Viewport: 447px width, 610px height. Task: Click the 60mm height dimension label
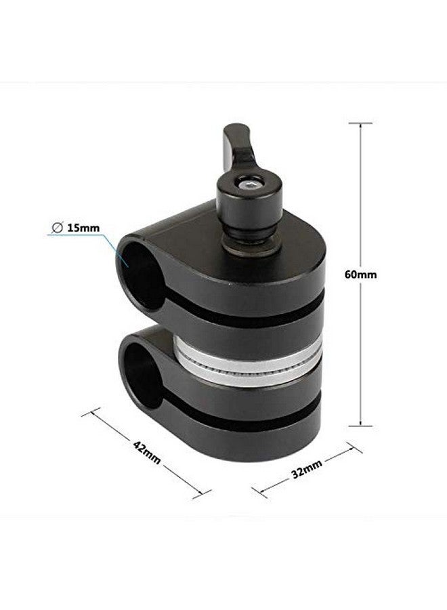[x=361, y=274]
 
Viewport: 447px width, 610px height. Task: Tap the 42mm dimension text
[x=146, y=452]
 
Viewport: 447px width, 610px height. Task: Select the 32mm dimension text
[x=307, y=469]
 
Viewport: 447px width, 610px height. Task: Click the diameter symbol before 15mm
[x=57, y=228]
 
